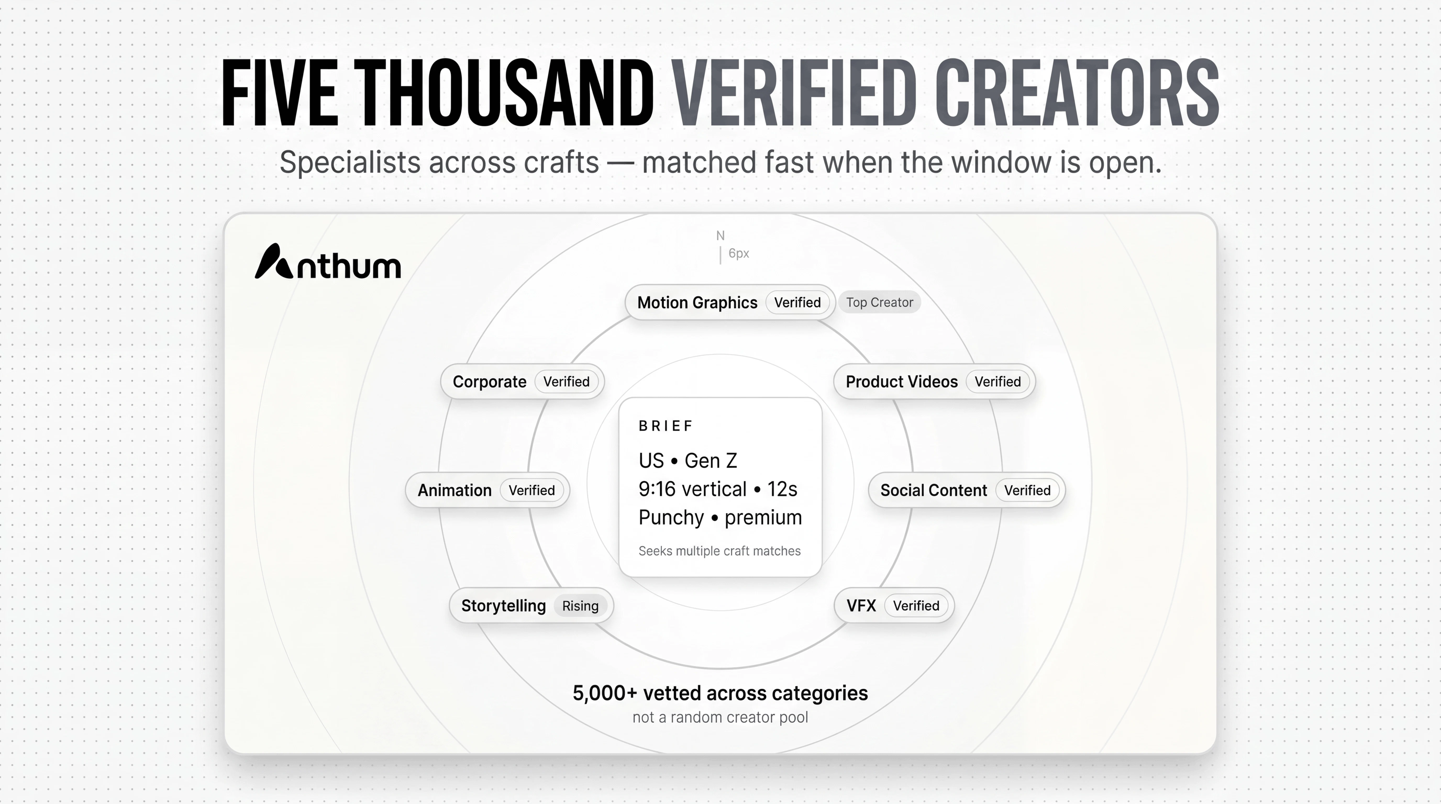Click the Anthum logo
(x=328, y=262)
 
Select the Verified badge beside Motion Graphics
(x=797, y=303)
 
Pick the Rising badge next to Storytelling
(x=580, y=606)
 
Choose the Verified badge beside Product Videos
(x=997, y=382)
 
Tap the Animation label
(x=454, y=490)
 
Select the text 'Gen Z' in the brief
(x=711, y=461)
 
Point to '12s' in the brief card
(x=782, y=489)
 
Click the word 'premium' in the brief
(x=763, y=518)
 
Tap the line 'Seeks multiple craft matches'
(x=719, y=551)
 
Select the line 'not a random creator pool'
(x=720, y=717)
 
